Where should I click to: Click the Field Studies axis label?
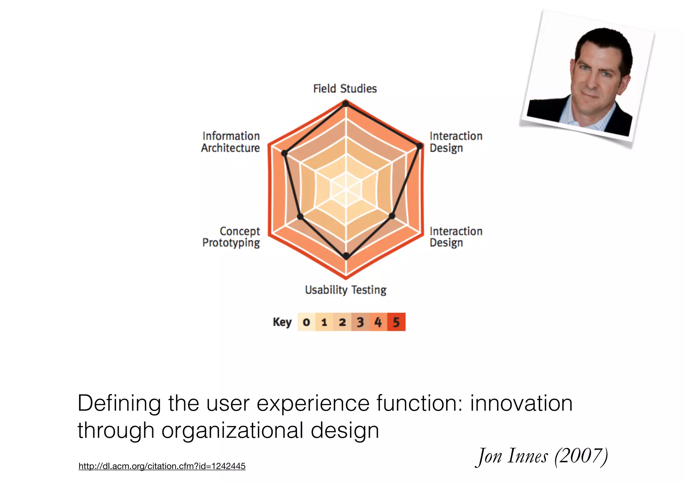click(x=345, y=89)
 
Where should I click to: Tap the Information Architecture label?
click(x=230, y=142)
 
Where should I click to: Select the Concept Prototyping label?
click(x=231, y=237)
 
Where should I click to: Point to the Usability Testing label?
click(x=346, y=290)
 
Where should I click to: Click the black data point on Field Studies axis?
click(x=346, y=104)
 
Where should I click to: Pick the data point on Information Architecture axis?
click(x=284, y=153)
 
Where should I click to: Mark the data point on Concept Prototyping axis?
click(x=300, y=217)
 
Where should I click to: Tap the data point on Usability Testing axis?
click(x=346, y=256)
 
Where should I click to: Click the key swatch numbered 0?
click(x=306, y=322)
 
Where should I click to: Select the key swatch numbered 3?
click(x=360, y=322)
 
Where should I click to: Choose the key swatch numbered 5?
click(x=396, y=322)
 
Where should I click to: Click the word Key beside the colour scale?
click(x=282, y=322)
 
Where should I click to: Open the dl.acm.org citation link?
click(x=162, y=466)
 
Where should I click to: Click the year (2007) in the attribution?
click(x=581, y=456)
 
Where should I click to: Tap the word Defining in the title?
click(x=119, y=403)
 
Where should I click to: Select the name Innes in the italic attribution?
click(x=527, y=456)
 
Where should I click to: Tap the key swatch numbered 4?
click(x=378, y=322)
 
